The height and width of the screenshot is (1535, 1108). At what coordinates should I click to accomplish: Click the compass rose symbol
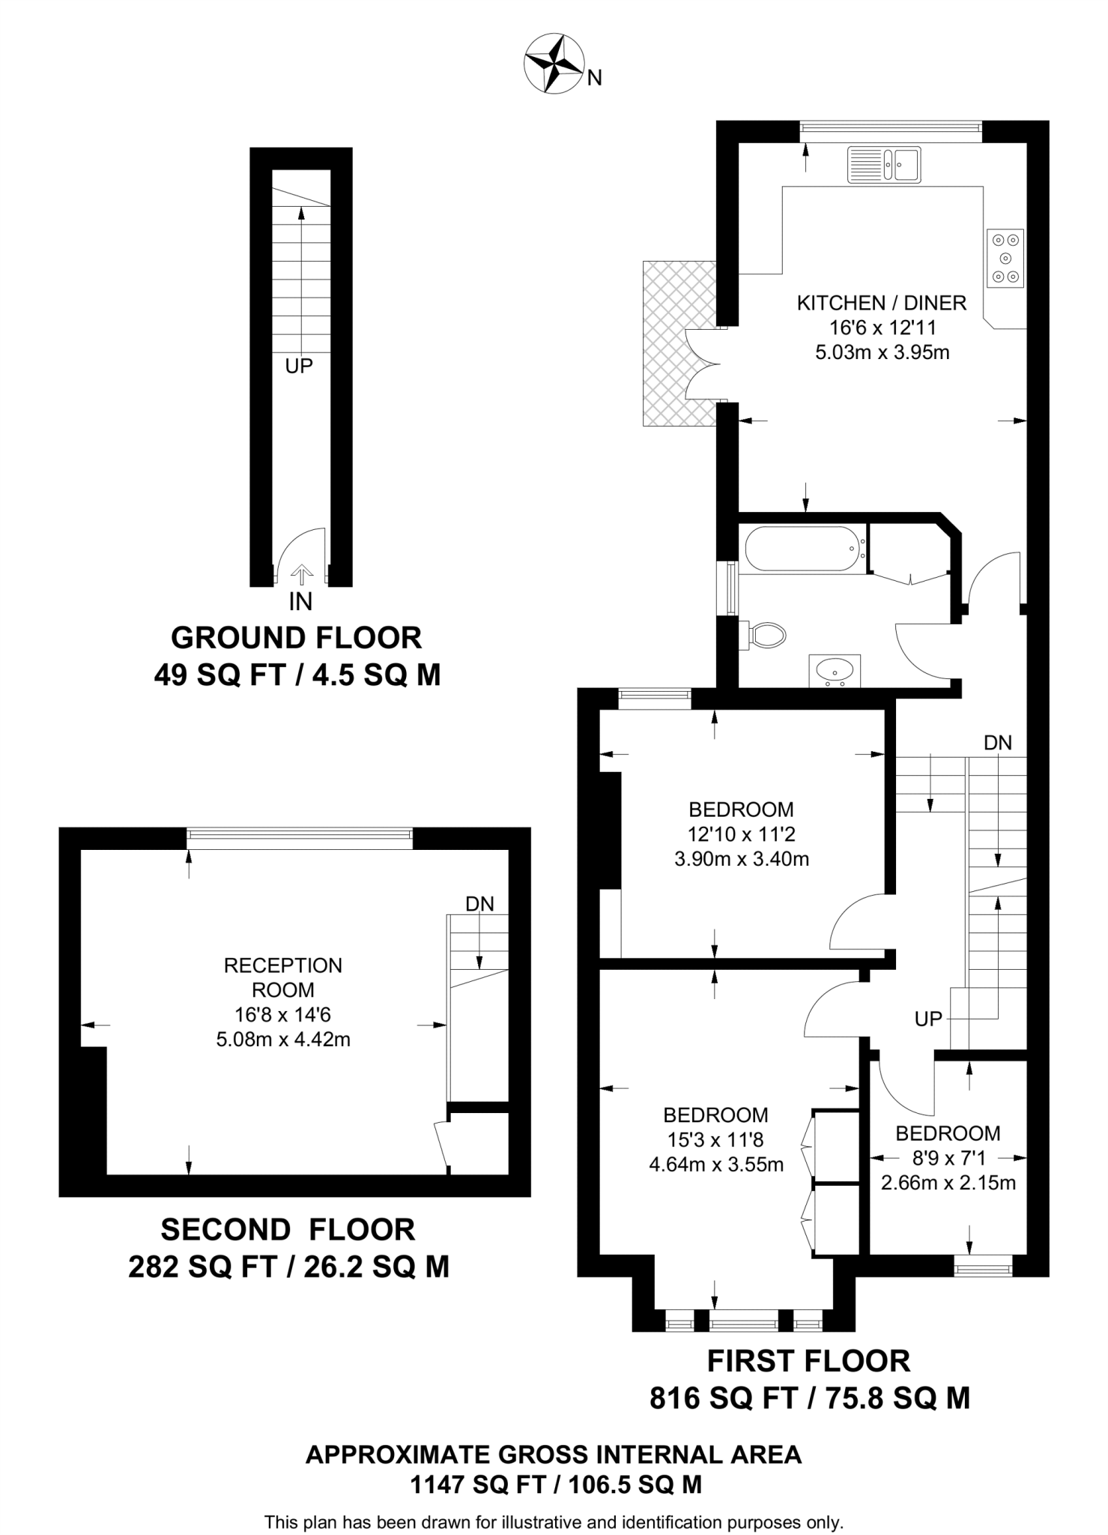coord(554,65)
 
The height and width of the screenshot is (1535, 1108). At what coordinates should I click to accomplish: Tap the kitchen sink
coord(884,164)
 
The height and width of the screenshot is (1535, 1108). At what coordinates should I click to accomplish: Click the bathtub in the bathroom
coord(802,549)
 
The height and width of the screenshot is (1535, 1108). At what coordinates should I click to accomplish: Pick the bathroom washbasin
coord(835,670)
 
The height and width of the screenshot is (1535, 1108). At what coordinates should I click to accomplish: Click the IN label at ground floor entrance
coord(300,601)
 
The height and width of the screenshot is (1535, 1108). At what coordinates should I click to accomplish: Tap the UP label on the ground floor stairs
coord(299,367)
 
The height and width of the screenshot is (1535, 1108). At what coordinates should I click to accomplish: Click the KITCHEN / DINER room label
coord(882,304)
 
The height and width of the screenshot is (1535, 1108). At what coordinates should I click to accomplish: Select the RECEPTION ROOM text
coord(283,977)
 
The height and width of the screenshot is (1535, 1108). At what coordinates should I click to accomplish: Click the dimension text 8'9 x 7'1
coord(948,1159)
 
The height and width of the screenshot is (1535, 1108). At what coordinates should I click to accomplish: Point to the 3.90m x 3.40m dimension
coord(742,859)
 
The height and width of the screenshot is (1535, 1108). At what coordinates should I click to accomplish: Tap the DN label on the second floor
coord(479,904)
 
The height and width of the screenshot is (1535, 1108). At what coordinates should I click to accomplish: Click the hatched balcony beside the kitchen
coord(678,343)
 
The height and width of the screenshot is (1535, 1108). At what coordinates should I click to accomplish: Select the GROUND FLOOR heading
coord(297,638)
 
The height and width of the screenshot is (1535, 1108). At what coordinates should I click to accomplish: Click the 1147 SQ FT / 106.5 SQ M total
coord(555,1484)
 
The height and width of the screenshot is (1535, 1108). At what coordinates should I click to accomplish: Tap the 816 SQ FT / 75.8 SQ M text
coord(809,1398)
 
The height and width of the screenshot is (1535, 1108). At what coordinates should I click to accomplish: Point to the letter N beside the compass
coord(594,78)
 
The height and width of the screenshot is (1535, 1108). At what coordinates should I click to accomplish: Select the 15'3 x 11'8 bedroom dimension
coord(715,1140)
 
